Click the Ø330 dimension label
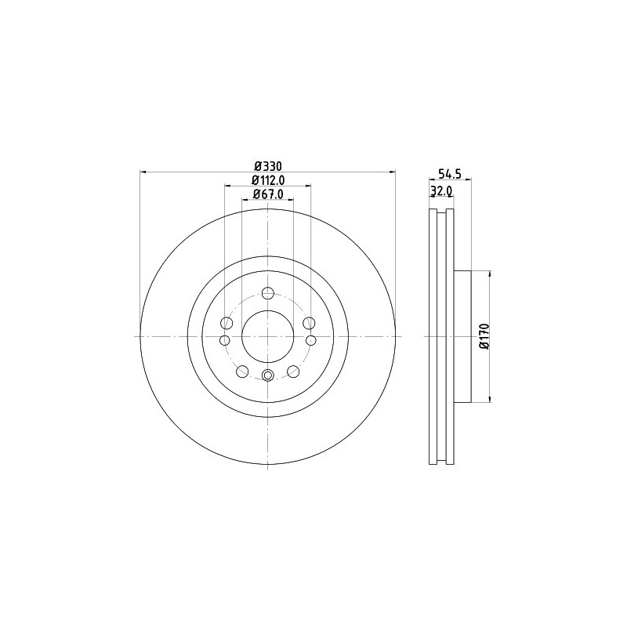[267, 165]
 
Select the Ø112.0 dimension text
[267, 180]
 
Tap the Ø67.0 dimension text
[267, 194]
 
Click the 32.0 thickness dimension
[441, 190]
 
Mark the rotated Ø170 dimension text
[484, 335]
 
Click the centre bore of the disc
[267, 335]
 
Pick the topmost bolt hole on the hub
[267, 294]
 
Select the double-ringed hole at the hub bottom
[267, 375]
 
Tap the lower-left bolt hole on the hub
[242, 371]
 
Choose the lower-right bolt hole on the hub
[293, 371]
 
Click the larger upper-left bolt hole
[227, 323]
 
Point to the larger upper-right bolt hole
[308, 323]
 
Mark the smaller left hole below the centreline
[225, 340]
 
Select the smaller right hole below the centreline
[310, 340]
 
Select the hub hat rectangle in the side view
[462, 335]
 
